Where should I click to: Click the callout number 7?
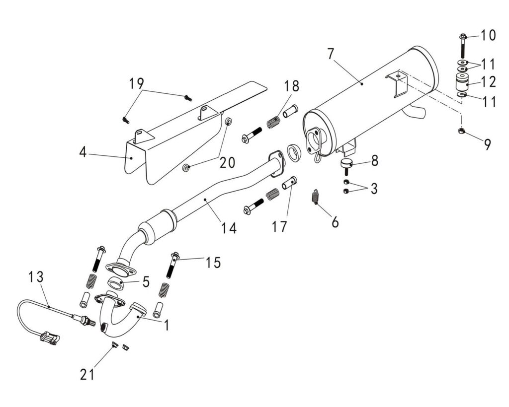pyautogui.click(x=331, y=53)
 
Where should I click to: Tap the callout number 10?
pyautogui.click(x=488, y=35)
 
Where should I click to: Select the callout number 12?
pyautogui.click(x=488, y=80)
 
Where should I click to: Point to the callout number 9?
pyautogui.click(x=487, y=144)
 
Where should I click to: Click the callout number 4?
pyautogui.click(x=83, y=152)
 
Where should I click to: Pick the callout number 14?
pyautogui.click(x=229, y=228)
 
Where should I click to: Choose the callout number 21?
pyautogui.click(x=87, y=374)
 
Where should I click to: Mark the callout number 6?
pyautogui.click(x=335, y=222)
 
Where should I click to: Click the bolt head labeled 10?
pyautogui.click(x=462, y=36)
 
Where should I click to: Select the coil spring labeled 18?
pyautogui.click(x=273, y=121)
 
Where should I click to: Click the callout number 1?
pyautogui.click(x=167, y=325)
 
